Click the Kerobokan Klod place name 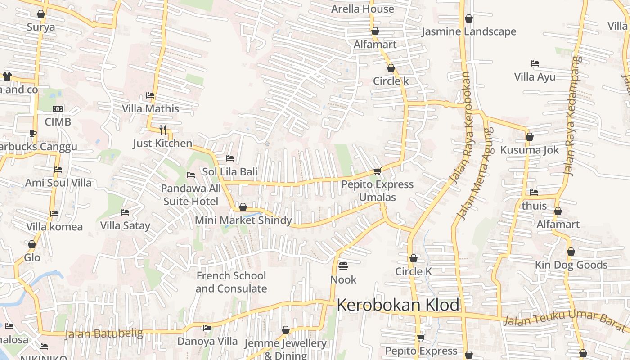tap(398, 305)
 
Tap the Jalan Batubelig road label tap(104, 334)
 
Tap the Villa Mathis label tap(150, 108)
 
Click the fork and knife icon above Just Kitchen tap(163, 130)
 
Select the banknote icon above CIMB tap(58, 109)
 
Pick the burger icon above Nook tap(343, 266)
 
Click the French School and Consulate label tap(231, 282)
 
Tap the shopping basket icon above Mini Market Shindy tap(243, 207)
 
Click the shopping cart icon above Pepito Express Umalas tap(377, 171)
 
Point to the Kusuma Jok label tap(529, 150)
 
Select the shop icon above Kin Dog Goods tap(571, 252)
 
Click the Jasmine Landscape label tap(468, 31)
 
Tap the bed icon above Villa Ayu tap(535, 63)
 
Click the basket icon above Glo tap(32, 244)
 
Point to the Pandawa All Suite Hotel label tap(191, 195)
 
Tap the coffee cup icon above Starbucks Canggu tap(32, 133)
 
